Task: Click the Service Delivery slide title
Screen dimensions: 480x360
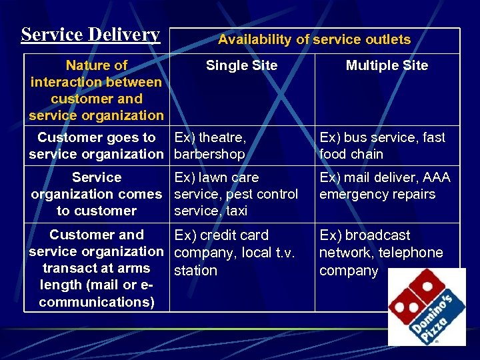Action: (91, 34)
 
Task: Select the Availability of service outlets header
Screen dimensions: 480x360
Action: (314, 39)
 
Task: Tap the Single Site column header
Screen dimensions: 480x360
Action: (241, 65)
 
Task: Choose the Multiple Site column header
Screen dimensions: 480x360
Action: (387, 65)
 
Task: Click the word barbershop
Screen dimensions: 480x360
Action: (209, 154)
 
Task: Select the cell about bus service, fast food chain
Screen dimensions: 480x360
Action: (382, 145)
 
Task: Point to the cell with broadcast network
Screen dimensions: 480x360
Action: (381, 253)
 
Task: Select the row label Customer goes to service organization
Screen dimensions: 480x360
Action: (96, 145)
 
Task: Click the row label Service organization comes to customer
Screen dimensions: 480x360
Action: (96, 194)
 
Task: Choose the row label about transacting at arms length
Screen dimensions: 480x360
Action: (96, 268)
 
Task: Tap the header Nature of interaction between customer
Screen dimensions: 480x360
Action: (96, 90)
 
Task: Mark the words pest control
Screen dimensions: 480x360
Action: (263, 194)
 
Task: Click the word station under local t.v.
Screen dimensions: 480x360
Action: (195, 271)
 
